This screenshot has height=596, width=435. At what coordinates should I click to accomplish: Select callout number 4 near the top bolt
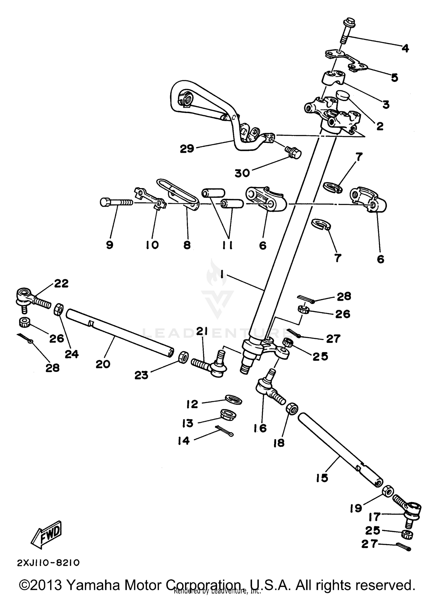coord(405,48)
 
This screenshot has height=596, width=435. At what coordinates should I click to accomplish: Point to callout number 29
coord(187,149)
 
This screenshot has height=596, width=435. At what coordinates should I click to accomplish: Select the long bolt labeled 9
coord(116,202)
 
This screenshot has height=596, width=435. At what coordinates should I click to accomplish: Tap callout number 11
coord(227,245)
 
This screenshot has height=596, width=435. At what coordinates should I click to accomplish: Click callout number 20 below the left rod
coord(103,364)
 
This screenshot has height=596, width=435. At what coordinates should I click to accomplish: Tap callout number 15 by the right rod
coord(322,478)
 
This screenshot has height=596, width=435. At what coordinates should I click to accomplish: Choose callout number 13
coord(188,423)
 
